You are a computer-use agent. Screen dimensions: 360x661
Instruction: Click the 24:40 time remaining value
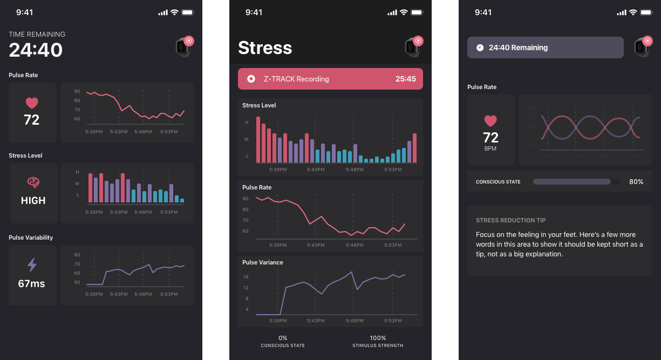tap(36, 50)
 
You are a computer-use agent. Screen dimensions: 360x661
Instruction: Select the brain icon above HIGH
tap(33, 182)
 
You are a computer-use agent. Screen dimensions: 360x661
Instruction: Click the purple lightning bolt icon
tap(32, 264)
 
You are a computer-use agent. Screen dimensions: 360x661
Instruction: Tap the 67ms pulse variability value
tap(31, 283)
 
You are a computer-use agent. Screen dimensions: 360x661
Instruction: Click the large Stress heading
tap(265, 48)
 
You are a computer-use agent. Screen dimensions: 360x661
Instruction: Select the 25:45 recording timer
tap(405, 79)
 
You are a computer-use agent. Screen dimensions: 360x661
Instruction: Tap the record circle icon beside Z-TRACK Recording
tap(251, 79)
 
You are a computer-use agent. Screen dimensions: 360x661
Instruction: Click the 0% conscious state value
tap(283, 338)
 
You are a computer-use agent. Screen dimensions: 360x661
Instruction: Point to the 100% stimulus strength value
tap(378, 338)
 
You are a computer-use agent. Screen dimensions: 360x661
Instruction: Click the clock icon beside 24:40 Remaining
tap(480, 47)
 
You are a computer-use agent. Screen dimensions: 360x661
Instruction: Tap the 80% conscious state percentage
tap(636, 182)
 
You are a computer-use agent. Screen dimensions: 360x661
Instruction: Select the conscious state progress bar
tap(576, 182)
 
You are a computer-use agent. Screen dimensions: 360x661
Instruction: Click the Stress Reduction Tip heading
tap(510, 220)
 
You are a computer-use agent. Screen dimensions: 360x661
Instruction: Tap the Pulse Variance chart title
tap(263, 262)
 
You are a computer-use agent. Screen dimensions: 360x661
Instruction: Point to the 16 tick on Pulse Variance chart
tap(246, 277)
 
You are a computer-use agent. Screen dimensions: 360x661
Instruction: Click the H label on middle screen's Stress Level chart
tap(247, 123)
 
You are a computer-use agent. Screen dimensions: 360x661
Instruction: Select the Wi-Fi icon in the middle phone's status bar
tap(403, 12)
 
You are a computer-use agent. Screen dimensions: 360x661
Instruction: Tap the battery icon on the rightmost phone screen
tap(645, 12)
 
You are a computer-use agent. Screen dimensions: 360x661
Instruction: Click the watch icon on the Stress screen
tap(413, 47)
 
